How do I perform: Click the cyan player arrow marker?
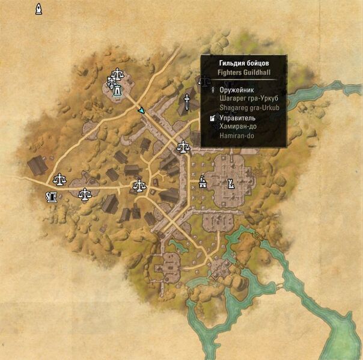click(x=141, y=111)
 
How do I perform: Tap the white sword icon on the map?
click(x=188, y=101)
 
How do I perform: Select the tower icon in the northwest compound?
click(x=116, y=90)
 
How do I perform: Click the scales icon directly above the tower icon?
click(x=117, y=76)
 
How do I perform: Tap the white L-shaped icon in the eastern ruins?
click(x=230, y=183)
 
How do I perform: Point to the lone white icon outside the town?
click(x=39, y=8)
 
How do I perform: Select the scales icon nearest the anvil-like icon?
click(x=59, y=180)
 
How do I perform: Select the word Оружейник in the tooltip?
click(x=237, y=90)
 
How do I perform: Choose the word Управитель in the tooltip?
click(x=238, y=118)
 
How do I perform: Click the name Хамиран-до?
click(x=239, y=127)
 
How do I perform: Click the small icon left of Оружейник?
click(x=213, y=90)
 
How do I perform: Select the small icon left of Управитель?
click(x=213, y=118)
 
